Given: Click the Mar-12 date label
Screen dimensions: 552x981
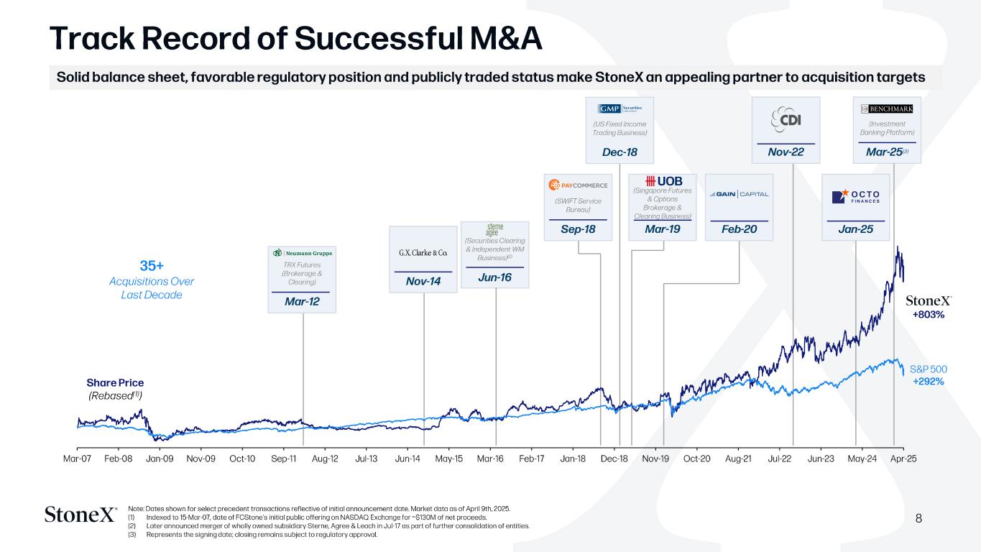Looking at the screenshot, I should [302, 302].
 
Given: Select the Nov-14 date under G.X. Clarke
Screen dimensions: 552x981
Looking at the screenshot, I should [423, 282].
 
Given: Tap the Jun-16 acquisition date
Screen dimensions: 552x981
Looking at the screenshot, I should [494, 277].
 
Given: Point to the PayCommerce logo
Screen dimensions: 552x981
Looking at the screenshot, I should [579, 185].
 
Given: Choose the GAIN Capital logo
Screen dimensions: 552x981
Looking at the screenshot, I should [739, 194].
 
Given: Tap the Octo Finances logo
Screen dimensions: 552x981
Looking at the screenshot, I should [855, 196].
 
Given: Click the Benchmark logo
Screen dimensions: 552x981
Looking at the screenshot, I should [887, 109].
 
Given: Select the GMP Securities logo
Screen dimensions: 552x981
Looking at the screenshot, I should [620, 109].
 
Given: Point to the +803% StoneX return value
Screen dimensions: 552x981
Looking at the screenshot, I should [928, 314].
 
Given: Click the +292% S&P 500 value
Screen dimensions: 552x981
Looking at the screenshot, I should [928, 381].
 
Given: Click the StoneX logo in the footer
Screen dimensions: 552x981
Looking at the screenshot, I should [80, 515].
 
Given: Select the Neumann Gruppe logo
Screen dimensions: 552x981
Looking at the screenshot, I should [302, 253].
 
